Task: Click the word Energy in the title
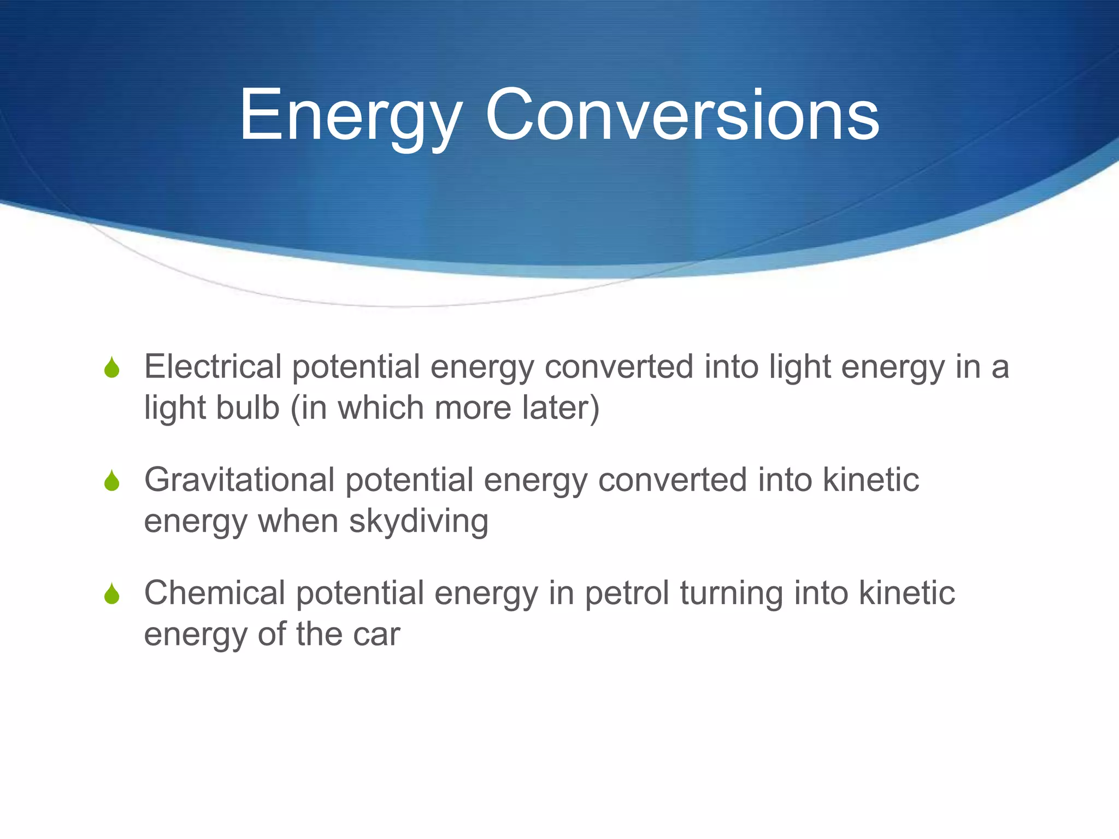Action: pos(350,116)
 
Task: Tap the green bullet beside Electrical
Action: pos(112,368)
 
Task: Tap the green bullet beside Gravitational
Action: pos(112,481)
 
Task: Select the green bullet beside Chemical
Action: pos(112,594)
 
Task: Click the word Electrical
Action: pos(213,367)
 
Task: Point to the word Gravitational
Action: pos(239,480)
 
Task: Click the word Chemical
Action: pos(215,593)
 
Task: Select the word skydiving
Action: pos(419,521)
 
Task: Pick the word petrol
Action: pos(627,594)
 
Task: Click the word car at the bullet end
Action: pos(376,634)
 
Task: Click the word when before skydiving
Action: pos(298,521)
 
